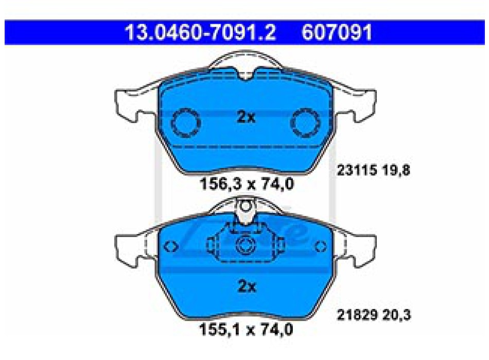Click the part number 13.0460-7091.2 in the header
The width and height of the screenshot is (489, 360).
(200, 32)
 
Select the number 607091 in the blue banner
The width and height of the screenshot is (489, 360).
(337, 32)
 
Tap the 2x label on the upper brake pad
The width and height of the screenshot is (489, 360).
(246, 117)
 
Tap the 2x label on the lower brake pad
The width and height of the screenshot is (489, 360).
(247, 286)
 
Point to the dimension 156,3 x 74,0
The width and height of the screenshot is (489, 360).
(247, 184)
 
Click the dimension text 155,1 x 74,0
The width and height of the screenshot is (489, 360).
(246, 329)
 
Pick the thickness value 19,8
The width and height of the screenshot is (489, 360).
(397, 170)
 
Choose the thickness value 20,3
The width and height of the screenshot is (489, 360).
(397, 315)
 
